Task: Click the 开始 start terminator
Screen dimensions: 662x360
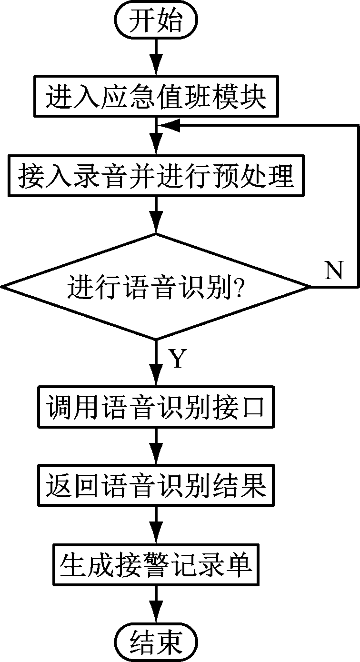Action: pos(156,20)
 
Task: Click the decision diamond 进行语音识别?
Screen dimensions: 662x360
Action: pos(156,287)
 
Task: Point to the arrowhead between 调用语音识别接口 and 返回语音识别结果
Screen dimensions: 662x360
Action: pos(156,456)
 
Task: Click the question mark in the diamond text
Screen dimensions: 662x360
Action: pos(239,287)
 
